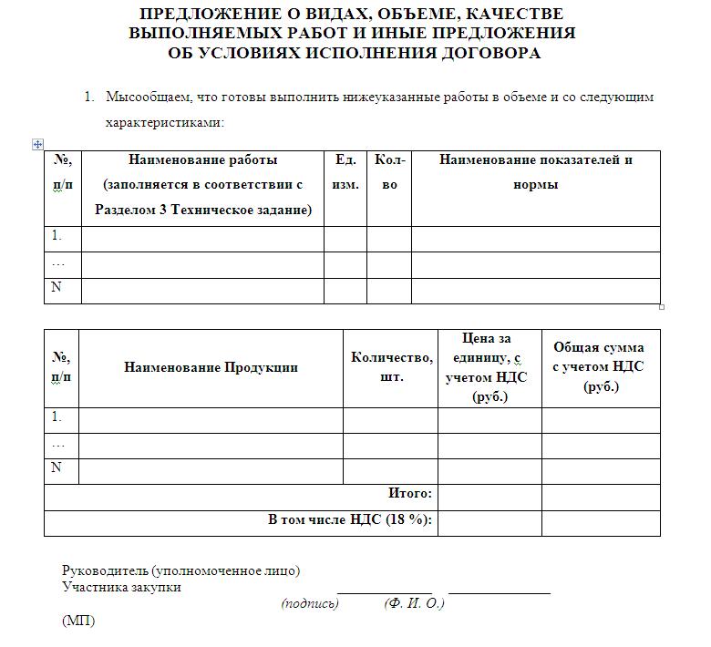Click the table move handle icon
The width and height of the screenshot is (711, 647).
[x=37, y=144]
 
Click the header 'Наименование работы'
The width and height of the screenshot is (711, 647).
[x=202, y=160]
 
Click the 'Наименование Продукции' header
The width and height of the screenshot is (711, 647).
[x=211, y=368]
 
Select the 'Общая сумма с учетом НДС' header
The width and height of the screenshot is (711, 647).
[x=599, y=367]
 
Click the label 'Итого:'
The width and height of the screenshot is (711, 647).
[x=409, y=494]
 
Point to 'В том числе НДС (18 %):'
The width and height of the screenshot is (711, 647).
[x=349, y=520]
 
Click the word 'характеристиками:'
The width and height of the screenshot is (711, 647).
[x=165, y=122]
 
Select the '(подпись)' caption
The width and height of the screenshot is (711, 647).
[x=310, y=603]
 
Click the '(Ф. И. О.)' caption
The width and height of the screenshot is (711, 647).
[x=415, y=603]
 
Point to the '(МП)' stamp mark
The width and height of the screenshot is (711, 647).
[x=78, y=621]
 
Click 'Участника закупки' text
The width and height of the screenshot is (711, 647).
[x=121, y=587]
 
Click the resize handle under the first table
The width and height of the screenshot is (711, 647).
[x=662, y=306]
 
